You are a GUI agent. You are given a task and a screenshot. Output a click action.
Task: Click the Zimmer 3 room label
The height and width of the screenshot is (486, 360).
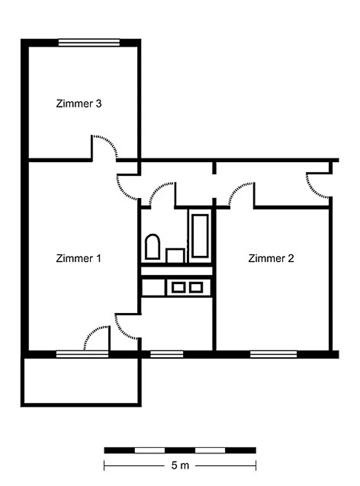[79, 103]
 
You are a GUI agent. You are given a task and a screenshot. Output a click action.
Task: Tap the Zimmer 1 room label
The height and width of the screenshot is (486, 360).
[79, 258]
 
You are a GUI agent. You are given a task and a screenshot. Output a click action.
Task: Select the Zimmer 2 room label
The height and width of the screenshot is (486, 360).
[271, 258]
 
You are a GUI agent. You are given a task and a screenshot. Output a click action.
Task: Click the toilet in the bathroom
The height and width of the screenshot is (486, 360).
[152, 247]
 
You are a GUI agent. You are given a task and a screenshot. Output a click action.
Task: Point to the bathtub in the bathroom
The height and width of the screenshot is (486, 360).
[200, 236]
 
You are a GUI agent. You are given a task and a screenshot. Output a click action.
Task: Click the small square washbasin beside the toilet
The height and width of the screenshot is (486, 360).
[175, 255]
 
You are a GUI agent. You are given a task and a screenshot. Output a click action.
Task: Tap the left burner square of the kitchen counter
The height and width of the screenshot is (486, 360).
[178, 287]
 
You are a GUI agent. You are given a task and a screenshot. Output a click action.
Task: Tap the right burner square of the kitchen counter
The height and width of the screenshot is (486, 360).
[196, 287]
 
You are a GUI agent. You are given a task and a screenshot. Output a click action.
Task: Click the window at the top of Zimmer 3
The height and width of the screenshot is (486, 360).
[89, 42]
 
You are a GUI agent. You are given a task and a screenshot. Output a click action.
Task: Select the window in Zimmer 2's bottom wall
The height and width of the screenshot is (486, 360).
[273, 354]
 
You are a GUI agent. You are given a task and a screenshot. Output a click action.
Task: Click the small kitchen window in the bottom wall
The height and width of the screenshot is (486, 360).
[167, 354]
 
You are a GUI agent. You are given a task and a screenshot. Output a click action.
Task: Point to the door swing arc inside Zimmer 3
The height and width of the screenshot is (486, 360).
[107, 145]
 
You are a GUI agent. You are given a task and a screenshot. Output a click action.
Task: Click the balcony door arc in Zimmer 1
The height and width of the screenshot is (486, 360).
[93, 333]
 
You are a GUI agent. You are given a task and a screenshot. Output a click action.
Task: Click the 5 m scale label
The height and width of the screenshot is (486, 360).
[180, 465]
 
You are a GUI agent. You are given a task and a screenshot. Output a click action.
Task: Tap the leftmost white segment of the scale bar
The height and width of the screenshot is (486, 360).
[149, 450]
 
